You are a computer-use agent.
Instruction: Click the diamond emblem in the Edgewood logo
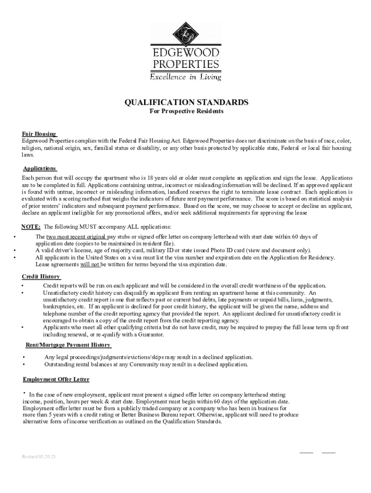pos(185,34)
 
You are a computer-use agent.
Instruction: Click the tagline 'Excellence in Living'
pos(185,77)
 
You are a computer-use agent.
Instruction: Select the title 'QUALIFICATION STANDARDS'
pos(187,103)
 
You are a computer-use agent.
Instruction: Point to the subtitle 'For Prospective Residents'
pos(185,111)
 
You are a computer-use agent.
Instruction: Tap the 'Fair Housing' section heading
pos(40,133)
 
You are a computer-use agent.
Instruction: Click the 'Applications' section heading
pos(40,169)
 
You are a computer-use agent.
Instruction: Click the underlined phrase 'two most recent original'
pos(76,237)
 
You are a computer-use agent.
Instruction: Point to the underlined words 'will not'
pos(90,264)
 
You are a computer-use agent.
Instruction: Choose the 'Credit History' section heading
pos(41,276)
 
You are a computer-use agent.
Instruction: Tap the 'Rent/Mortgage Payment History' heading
pos(68,345)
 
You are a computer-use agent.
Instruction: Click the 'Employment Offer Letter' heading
pos(56,379)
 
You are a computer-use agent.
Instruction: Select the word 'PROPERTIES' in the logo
pos(185,64)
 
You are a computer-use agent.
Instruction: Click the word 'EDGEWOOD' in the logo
pos(185,52)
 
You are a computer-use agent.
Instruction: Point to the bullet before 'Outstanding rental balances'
pos(24,364)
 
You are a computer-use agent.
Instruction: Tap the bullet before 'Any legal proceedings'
pos(24,357)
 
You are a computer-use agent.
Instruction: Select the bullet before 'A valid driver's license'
pos(15,250)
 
